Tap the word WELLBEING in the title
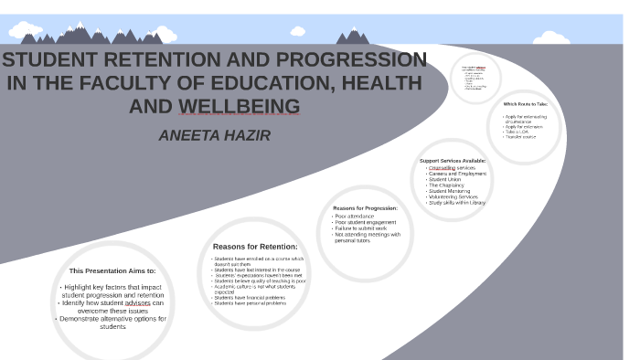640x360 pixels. [239, 106]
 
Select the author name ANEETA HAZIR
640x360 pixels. [215, 135]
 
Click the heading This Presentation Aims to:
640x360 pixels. [112, 270]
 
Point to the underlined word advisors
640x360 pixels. [138, 302]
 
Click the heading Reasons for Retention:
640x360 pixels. [255, 246]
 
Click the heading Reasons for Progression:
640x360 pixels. [365, 207]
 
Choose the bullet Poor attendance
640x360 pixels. [355, 216]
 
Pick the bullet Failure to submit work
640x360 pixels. [360, 228]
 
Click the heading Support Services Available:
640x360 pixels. [453, 160]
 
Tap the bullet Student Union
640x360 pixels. [447, 179]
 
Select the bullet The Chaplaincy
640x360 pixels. [448, 185]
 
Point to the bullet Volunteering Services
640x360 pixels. [453, 196]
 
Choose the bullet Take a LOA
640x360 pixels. [517, 132]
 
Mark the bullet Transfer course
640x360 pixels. [521, 137]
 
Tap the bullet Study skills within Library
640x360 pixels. [458, 202]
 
